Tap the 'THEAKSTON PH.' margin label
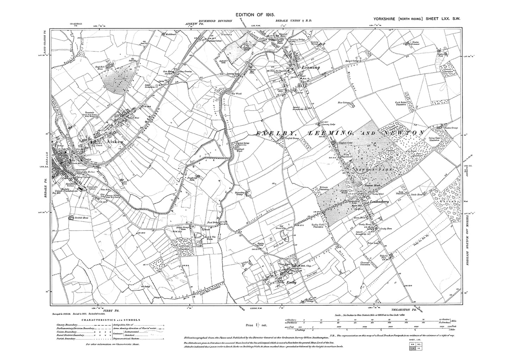point(398,309)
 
